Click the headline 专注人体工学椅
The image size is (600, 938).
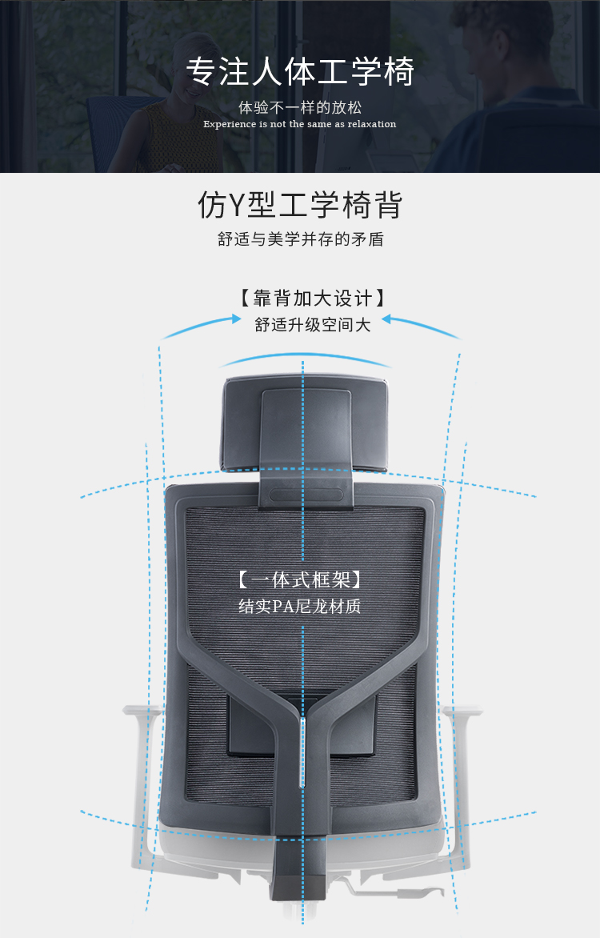(x=300, y=72)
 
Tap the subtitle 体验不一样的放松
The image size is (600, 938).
(x=300, y=108)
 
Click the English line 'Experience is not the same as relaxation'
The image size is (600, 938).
(x=300, y=124)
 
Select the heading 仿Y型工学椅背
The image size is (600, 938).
(x=300, y=205)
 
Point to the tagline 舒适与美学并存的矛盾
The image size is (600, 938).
(x=300, y=239)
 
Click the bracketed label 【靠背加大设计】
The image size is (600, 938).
(x=312, y=298)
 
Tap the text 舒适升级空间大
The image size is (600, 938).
(x=313, y=325)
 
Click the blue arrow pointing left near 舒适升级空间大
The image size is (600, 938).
(x=422, y=326)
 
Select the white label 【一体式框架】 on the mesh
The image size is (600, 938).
(x=300, y=579)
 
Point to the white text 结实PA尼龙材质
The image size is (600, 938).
(x=300, y=607)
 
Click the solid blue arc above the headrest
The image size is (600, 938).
(x=305, y=357)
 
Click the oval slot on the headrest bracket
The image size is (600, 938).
(x=306, y=495)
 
